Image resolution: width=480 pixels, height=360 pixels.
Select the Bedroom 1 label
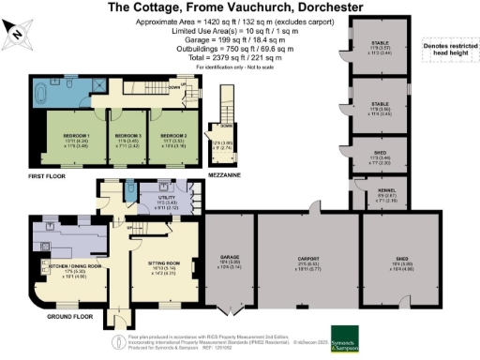point(67,138)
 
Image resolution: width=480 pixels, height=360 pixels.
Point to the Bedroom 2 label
point(173,138)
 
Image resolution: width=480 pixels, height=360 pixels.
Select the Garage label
point(230,263)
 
